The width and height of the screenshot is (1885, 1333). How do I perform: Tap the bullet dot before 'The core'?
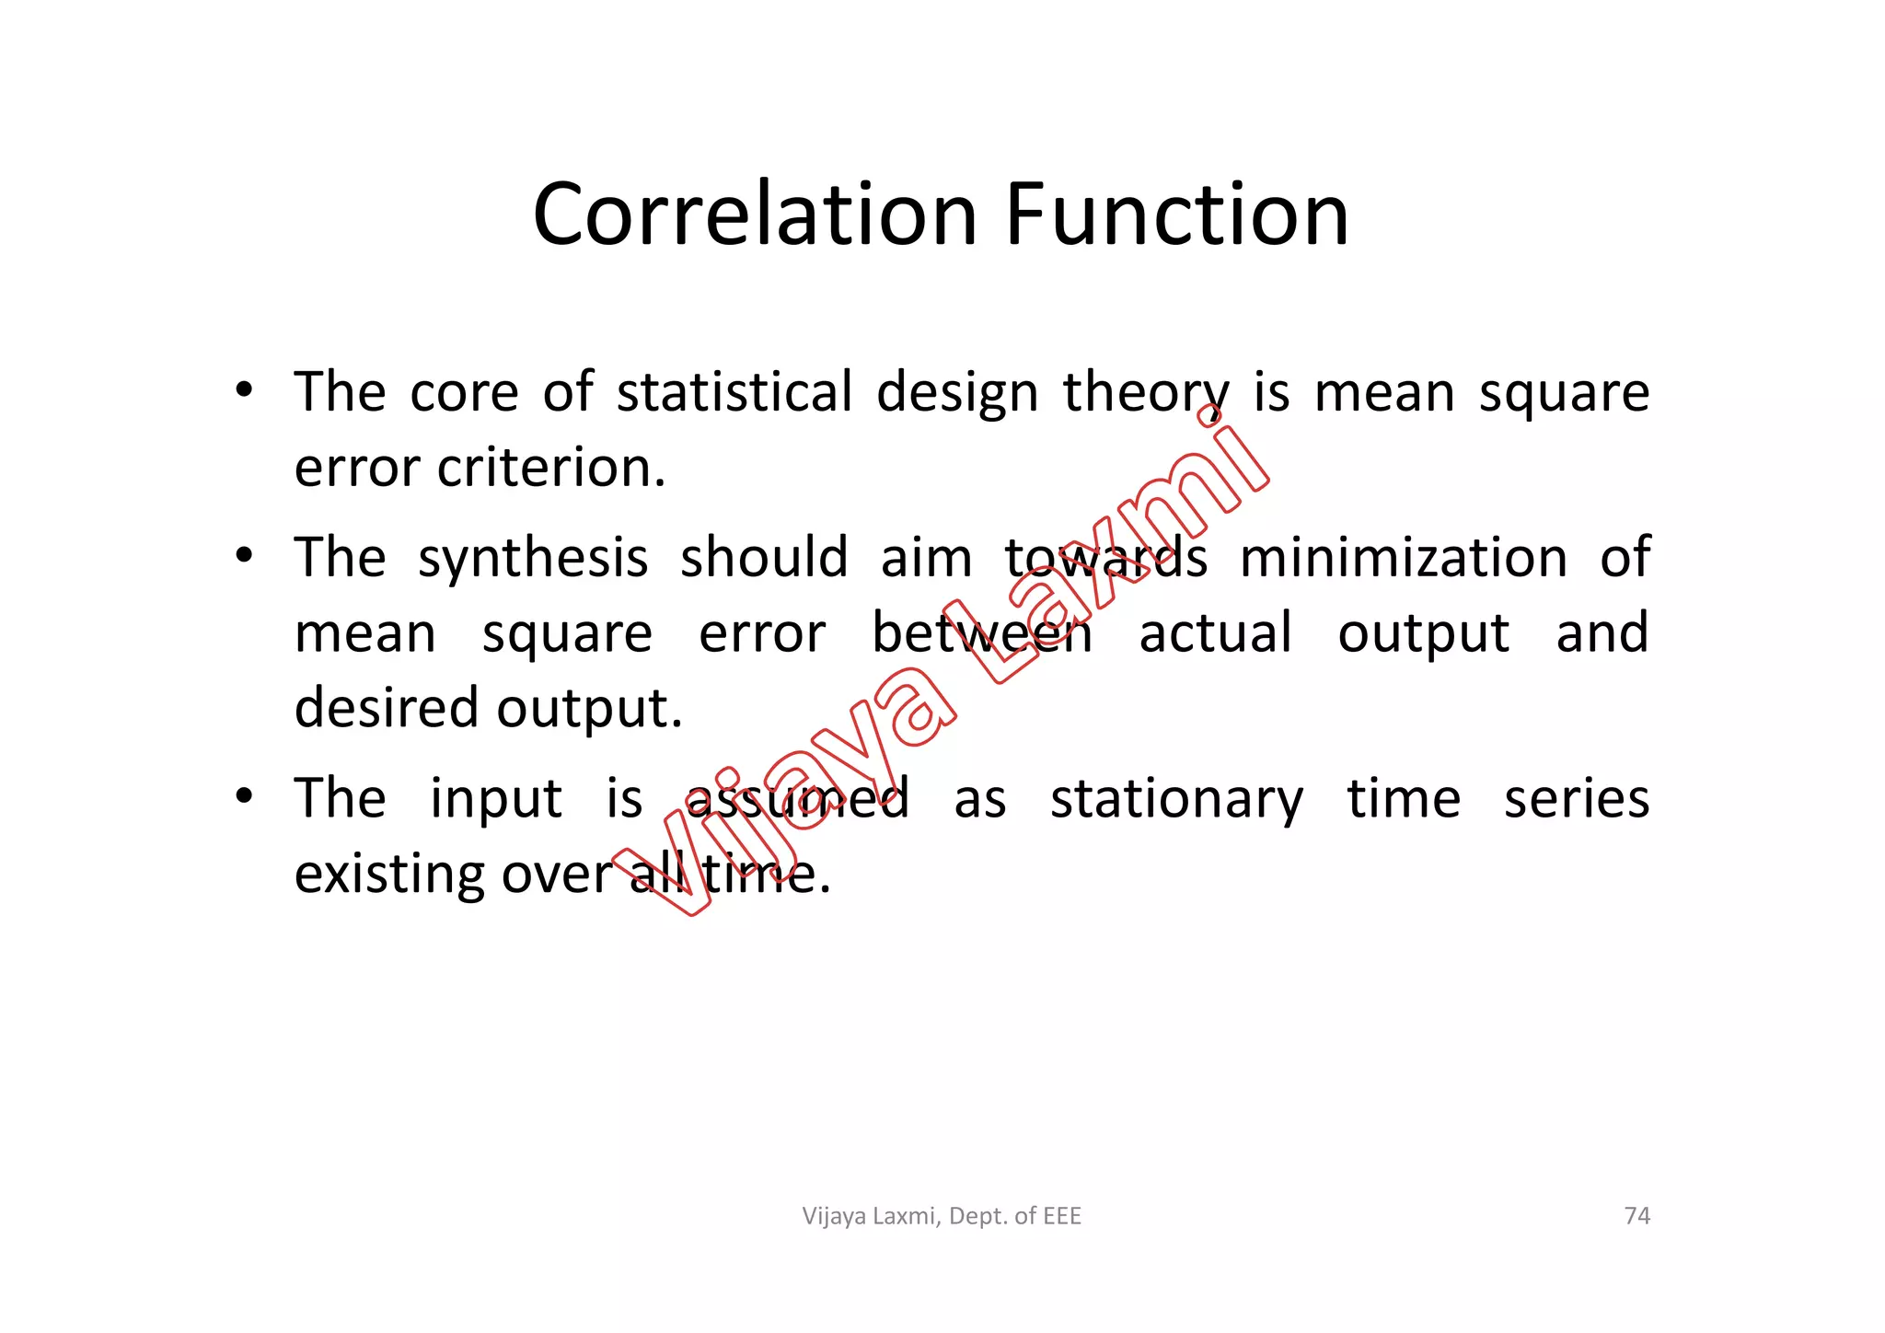click(243, 390)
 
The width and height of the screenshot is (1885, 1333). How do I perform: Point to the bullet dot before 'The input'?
click(243, 796)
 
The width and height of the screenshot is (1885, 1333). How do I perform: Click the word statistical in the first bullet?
click(734, 392)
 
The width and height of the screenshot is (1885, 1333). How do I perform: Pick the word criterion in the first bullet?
click(550, 469)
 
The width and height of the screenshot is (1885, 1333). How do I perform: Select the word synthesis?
click(533, 559)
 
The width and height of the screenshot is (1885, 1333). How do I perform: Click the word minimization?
click(1403, 558)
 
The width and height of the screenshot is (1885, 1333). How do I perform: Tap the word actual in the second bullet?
click(1215, 633)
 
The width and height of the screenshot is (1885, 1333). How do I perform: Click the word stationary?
click(1176, 799)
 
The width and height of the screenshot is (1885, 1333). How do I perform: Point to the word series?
click(1576, 798)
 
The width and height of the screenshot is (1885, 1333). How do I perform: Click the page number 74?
click(1636, 1216)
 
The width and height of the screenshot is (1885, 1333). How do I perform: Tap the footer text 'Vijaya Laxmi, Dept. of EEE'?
click(942, 1216)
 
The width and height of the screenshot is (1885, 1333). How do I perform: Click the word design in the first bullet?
click(956, 394)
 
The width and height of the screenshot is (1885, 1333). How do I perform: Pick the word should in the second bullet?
click(763, 558)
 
